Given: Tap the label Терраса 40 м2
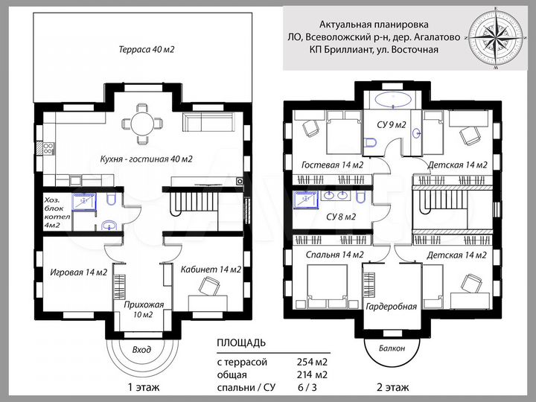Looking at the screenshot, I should tap(151, 50).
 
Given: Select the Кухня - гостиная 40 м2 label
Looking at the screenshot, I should tap(147, 159).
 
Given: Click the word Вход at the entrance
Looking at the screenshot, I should tap(141, 349).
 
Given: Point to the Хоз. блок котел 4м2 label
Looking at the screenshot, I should tap(57, 213).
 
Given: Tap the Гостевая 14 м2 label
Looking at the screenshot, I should tap(332, 165).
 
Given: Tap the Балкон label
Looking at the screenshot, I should tap(390, 348).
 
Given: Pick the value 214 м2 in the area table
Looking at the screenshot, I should tap(313, 375).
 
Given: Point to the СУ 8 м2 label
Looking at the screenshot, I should tap(341, 217).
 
